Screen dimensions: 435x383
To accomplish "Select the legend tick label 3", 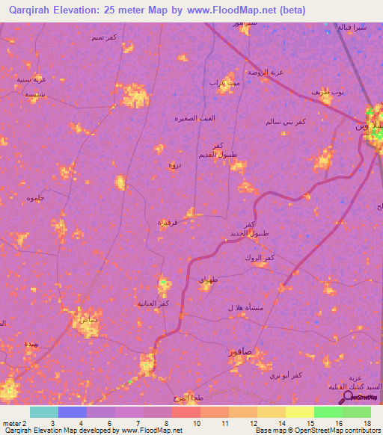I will coord(51,423).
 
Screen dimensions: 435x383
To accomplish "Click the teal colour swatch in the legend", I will coord(44,412).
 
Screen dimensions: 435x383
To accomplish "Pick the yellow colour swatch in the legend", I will coord(299,412).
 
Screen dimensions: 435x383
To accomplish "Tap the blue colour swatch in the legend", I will coord(73,412).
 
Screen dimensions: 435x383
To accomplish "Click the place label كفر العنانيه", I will coord(152,303).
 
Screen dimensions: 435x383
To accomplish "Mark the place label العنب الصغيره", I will coord(194,118).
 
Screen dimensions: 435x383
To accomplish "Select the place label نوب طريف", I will coord(327,92).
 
